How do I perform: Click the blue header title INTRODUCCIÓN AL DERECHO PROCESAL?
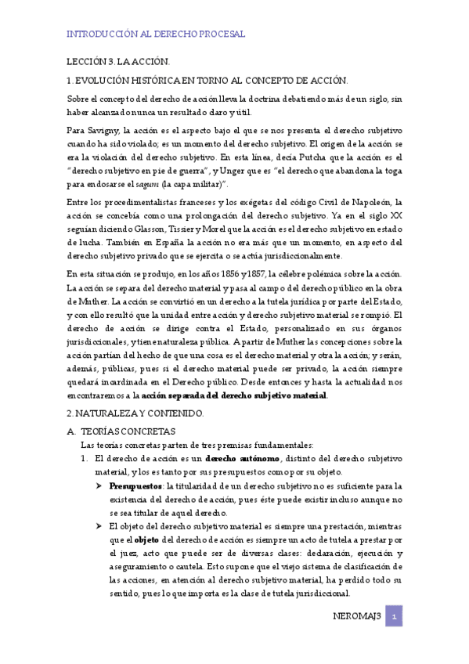click(156, 34)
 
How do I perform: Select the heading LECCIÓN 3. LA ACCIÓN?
click(117, 61)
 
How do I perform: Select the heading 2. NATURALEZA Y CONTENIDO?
click(135, 413)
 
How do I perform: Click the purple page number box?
click(395, 617)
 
